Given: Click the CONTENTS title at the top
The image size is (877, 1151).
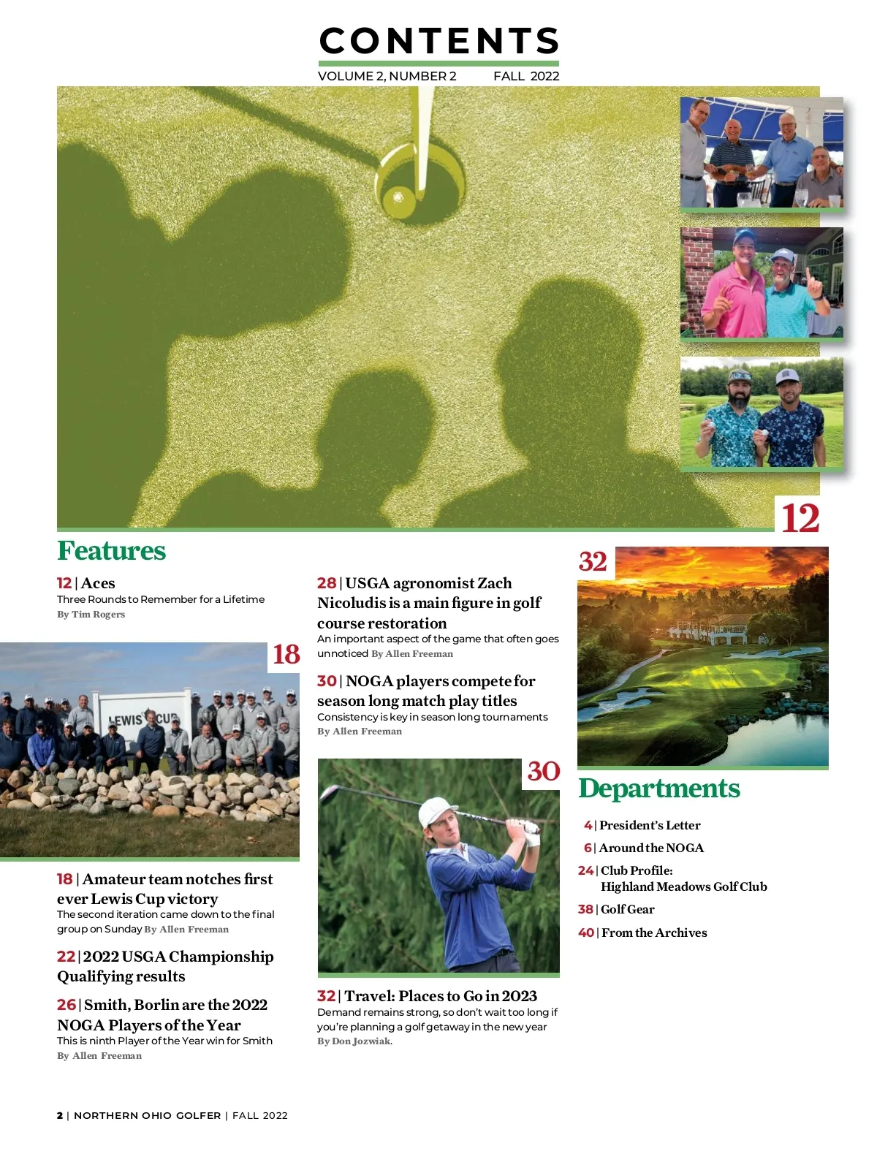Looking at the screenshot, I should [x=438, y=41].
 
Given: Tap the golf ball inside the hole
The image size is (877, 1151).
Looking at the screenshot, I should [x=399, y=196].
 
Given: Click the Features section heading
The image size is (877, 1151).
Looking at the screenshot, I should [x=111, y=551].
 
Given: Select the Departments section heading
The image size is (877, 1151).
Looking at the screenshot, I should [x=658, y=789].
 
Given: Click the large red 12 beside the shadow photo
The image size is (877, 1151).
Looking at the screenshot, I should [x=800, y=519].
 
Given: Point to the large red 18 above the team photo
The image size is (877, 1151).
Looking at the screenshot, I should [x=286, y=654].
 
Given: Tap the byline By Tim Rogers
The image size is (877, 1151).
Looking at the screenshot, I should [x=91, y=615].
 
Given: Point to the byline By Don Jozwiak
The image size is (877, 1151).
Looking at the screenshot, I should [x=354, y=1041].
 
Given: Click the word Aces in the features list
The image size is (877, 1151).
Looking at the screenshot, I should [x=98, y=583].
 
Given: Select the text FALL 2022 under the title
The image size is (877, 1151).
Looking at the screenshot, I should [x=526, y=76].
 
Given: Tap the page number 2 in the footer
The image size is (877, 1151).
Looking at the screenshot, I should [x=60, y=1115].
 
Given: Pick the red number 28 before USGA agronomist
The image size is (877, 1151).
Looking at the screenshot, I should [x=326, y=583].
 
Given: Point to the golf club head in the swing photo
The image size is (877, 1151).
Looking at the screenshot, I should [x=328, y=794].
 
